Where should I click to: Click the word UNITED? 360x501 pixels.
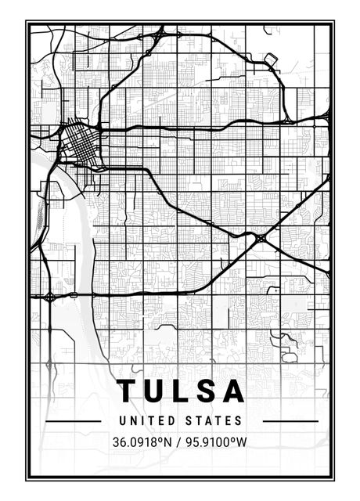point(146,421)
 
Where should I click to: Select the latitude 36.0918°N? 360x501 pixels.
point(141,442)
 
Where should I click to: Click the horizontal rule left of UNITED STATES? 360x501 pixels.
point(73,421)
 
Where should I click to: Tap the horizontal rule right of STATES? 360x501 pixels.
point(290,421)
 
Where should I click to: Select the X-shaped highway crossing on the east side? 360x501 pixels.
point(260,236)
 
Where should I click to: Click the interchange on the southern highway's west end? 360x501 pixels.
point(49,297)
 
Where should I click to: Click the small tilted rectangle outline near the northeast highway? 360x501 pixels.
point(272,59)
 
